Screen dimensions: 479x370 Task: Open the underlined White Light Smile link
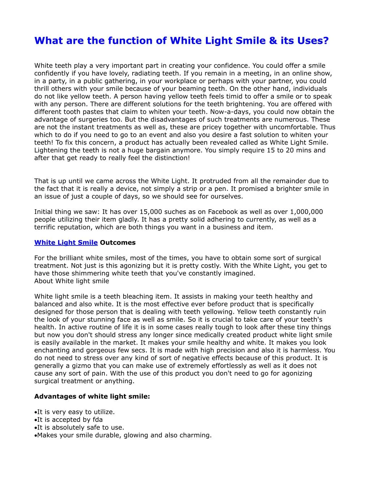pyautogui.click(x=66, y=243)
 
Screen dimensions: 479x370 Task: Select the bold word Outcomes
pyautogui.click(x=118, y=243)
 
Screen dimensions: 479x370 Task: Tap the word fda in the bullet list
pyautogui.click(x=98, y=420)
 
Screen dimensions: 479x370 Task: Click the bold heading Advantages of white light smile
pyautogui.click(x=92, y=397)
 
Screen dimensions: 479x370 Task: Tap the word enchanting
pyautogui.click(x=52, y=350)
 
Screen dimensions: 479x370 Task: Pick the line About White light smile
pyautogui.click(x=72, y=281)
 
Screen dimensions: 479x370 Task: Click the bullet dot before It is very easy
pyautogui.click(x=35, y=412)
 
